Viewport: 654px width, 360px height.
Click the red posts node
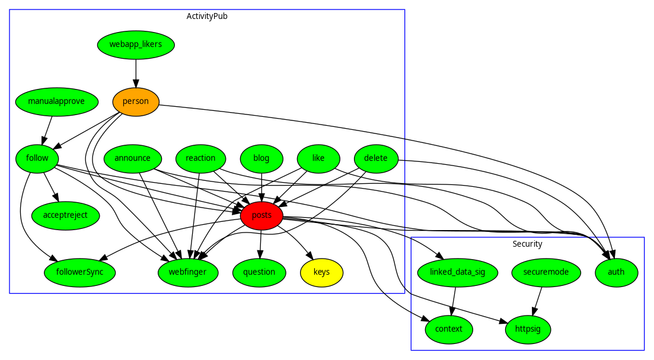[261, 215]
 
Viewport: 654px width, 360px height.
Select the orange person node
[136, 101]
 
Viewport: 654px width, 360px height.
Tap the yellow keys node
[321, 272]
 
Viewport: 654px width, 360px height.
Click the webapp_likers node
[136, 44]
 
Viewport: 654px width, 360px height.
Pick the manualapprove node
[56, 101]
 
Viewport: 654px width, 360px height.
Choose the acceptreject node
[65, 215]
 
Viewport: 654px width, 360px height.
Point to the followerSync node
[79, 272]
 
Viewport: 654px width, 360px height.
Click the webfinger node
[188, 272]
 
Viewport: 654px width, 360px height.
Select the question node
[259, 272]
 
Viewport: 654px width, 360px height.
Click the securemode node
[546, 272]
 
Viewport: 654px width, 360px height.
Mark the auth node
[616, 272]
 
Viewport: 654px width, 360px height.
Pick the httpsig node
[528, 329]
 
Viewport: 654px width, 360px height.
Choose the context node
[449, 329]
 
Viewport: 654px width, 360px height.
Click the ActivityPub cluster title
[207, 16]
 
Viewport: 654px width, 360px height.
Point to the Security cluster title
[527, 244]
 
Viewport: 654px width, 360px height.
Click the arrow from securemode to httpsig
[537, 301]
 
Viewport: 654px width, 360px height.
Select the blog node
[261, 158]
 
